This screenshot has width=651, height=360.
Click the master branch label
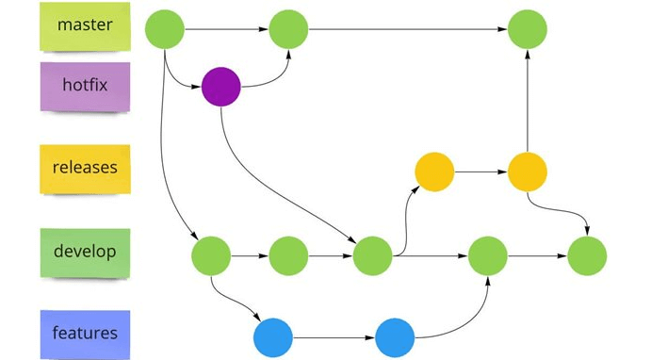[x=85, y=26]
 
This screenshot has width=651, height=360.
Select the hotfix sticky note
[x=85, y=86]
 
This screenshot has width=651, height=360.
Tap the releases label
[x=85, y=169]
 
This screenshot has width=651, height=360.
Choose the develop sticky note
[x=85, y=253]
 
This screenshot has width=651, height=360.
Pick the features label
[x=85, y=334]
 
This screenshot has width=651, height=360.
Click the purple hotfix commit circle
[x=221, y=88]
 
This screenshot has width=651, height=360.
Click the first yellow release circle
[x=434, y=172]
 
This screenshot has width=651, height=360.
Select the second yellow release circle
[x=528, y=172]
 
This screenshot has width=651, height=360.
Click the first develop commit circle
[x=211, y=254]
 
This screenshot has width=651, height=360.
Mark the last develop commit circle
[x=587, y=254]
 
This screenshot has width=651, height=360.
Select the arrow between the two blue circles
[x=334, y=336]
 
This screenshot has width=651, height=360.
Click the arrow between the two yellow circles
[x=480, y=172]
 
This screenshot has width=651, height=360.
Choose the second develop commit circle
[x=288, y=254]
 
